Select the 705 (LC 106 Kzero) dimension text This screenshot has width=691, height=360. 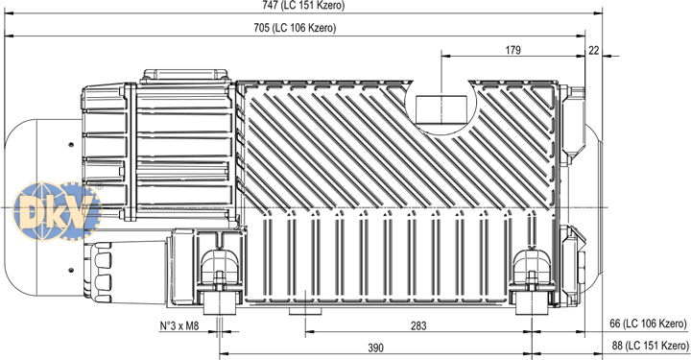pos(295,28)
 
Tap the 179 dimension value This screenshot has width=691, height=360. pos(512,50)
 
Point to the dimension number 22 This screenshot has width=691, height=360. pos(594,51)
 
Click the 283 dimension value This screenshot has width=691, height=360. pos(418,325)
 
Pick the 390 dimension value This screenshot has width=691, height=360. pos(375,348)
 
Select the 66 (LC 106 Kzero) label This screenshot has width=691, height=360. pos(648,324)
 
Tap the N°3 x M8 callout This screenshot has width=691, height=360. pos(179,326)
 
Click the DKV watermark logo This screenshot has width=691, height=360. pos(57,211)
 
